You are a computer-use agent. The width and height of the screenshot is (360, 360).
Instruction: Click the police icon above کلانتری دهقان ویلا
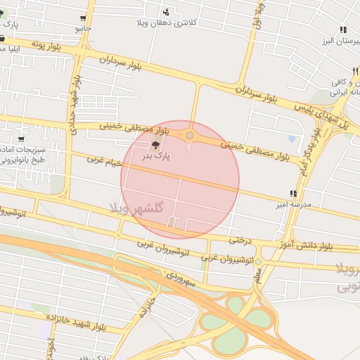pos(166,11)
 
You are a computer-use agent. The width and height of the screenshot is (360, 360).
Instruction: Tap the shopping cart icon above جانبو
pos(84,18)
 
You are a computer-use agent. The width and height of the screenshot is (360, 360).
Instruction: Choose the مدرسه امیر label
pos(290,205)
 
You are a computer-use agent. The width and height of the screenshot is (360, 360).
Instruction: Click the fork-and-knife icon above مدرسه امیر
pos(292,193)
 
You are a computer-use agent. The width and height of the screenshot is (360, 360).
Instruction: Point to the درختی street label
pos(240,240)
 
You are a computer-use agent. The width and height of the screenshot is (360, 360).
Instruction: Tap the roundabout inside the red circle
pos(190,135)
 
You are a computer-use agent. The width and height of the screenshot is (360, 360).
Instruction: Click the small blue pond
pos(292,139)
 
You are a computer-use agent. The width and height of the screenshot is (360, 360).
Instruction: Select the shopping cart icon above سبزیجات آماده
pos(20,139)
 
